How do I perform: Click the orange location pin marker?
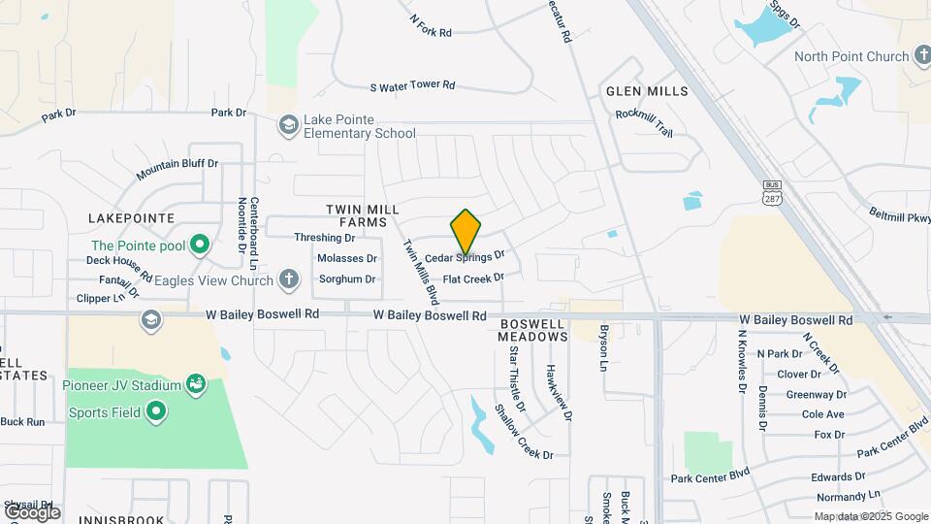[x=465, y=232]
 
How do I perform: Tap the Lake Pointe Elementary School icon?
[x=288, y=125]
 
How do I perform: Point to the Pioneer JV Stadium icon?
[x=197, y=384]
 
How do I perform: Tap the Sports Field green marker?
[x=155, y=412]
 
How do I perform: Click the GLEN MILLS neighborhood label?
[x=647, y=91]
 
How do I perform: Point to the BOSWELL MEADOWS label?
[x=532, y=330]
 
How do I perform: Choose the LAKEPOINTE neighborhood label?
[x=131, y=217]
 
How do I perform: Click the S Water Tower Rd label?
[x=412, y=85]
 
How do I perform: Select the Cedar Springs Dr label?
[x=465, y=257]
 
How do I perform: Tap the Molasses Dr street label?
[x=346, y=258]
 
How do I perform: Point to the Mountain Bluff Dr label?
[x=177, y=169]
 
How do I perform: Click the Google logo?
[x=31, y=511]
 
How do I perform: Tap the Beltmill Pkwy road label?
[x=897, y=215]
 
